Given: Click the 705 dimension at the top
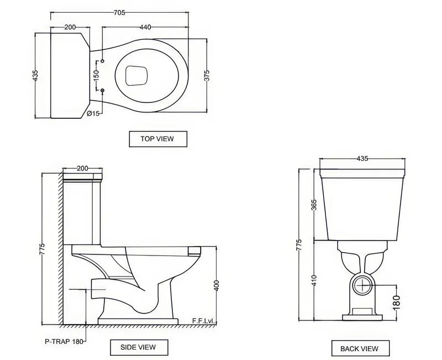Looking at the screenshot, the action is click(x=119, y=13).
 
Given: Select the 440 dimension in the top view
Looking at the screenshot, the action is click(x=145, y=27).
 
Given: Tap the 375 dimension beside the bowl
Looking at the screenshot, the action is click(x=207, y=75).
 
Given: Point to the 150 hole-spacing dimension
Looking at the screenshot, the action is click(x=96, y=75).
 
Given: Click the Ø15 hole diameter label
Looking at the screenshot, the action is click(x=93, y=113).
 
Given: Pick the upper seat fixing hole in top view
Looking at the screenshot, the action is click(x=103, y=61).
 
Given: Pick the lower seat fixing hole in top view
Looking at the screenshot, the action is click(x=103, y=90).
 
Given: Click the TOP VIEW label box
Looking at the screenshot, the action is click(x=158, y=139).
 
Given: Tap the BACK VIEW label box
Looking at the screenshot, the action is click(x=360, y=348).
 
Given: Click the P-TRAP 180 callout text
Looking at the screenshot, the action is click(x=64, y=341).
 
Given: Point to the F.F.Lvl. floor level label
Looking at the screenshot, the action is click(x=203, y=321).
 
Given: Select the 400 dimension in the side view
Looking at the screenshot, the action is click(x=217, y=286).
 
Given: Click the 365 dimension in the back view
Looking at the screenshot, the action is click(x=314, y=205).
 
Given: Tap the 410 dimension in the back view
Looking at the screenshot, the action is click(x=314, y=280).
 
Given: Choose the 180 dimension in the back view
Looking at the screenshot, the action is click(x=396, y=302).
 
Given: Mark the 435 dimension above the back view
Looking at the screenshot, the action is click(x=362, y=159).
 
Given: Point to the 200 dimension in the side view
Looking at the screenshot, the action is click(x=82, y=169).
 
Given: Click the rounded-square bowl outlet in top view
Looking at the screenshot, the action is click(x=136, y=76).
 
